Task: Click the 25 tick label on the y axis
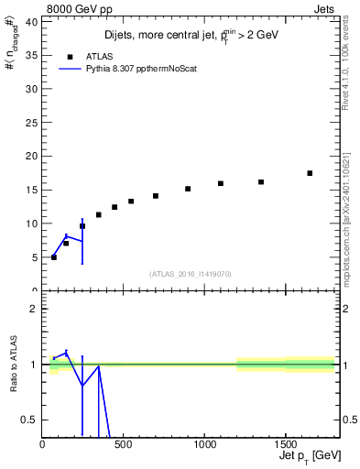31,122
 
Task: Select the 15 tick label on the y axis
31,190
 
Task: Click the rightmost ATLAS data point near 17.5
310,173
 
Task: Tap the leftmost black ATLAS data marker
54,257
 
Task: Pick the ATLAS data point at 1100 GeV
221,183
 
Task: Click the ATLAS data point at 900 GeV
188,189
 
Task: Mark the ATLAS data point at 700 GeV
156,196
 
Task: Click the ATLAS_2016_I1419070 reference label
190,273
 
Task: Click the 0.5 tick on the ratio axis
30,420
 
